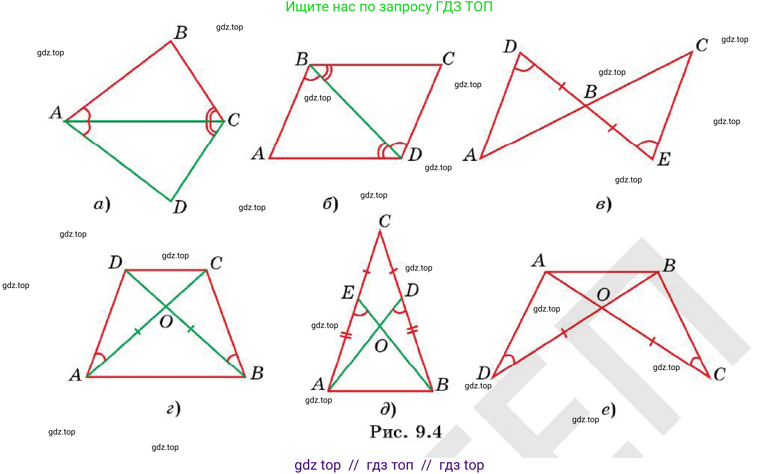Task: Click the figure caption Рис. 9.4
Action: (405, 431)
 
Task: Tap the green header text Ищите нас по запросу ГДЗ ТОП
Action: (389, 7)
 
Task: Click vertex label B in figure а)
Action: (181, 33)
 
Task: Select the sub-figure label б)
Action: (330, 204)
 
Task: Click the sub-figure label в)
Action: (604, 204)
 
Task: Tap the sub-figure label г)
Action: (174, 408)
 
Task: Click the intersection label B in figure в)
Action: (591, 91)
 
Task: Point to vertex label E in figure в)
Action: (664, 159)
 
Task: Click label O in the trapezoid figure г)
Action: (166, 322)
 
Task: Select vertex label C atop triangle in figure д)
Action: (385, 221)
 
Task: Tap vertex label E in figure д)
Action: (348, 292)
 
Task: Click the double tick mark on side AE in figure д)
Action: (346, 335)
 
